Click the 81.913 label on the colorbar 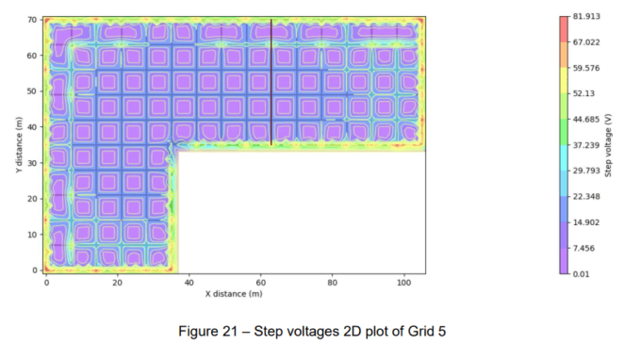tap(585, 17)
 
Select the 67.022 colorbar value tap(585, 42)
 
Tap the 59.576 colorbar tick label tap(585, 68)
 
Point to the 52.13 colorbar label tap(583, 93)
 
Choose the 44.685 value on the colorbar tap(585, 119)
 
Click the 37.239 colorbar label tap(585, 145)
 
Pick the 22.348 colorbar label tap(585, 196)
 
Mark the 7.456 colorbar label tap(583, 248)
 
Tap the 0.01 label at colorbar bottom tap(581, 273)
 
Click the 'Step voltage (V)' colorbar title tap(610, 145)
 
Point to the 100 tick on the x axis tap(404, 282)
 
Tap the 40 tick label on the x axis tap(189, 282)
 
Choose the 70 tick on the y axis tap(32, 20)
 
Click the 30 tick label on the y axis tap(32, 163)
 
